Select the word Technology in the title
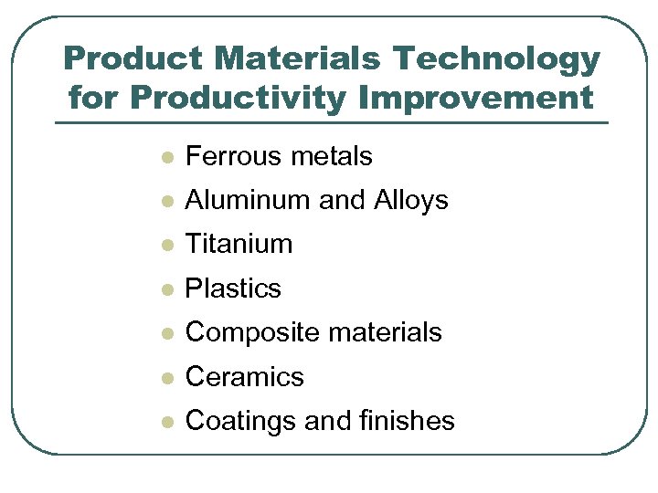coord(496,60)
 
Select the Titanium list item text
coord(239,245)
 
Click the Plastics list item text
coord(233,288)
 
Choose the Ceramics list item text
coord(244,376)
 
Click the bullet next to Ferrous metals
coord(166,158)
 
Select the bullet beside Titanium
coord(166,246)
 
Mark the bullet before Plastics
coord(166,289)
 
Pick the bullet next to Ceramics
coord(166,377)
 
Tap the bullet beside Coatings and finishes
coord(166,422)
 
